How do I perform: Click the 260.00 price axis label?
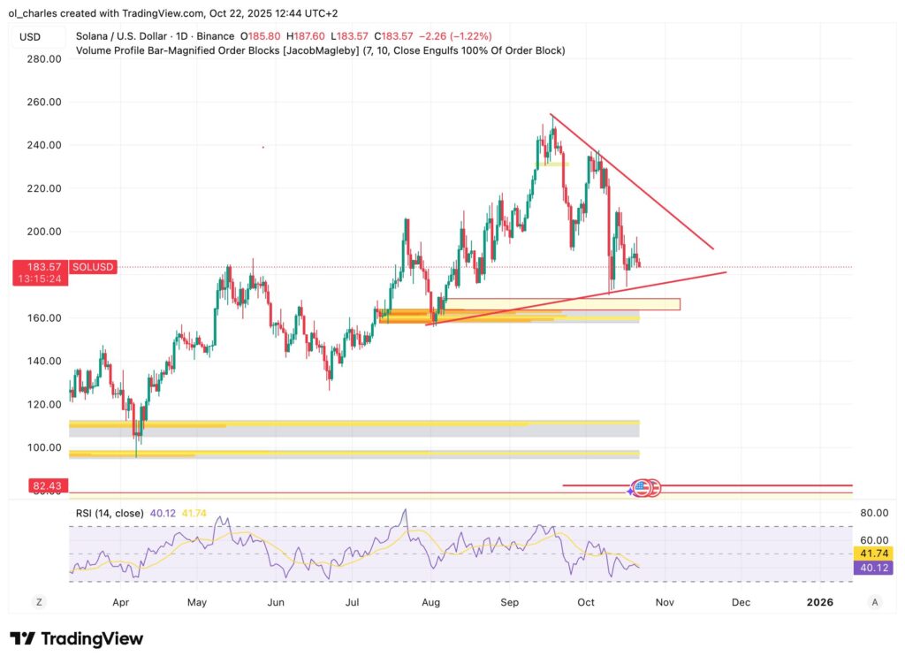coord(42,102)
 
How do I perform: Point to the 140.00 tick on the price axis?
coord(42,361)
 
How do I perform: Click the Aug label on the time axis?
coord(430,602)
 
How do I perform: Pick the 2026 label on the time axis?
coord(820,602)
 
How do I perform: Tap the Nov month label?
coord(665,602)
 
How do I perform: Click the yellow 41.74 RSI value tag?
coord(874,553)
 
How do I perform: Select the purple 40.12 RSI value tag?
coord(874,568)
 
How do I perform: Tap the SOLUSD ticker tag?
coord(92,266)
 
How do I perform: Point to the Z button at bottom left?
coord(39,602)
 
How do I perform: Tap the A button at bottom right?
coord(874,602)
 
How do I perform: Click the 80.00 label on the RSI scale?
coord(874,512)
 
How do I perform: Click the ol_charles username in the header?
coord(38,13)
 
